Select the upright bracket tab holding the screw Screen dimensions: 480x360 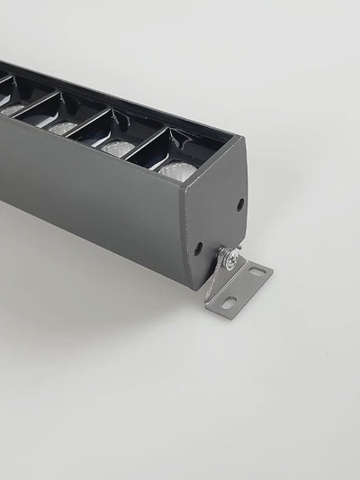pyautogui.click(x=219, y=270)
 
